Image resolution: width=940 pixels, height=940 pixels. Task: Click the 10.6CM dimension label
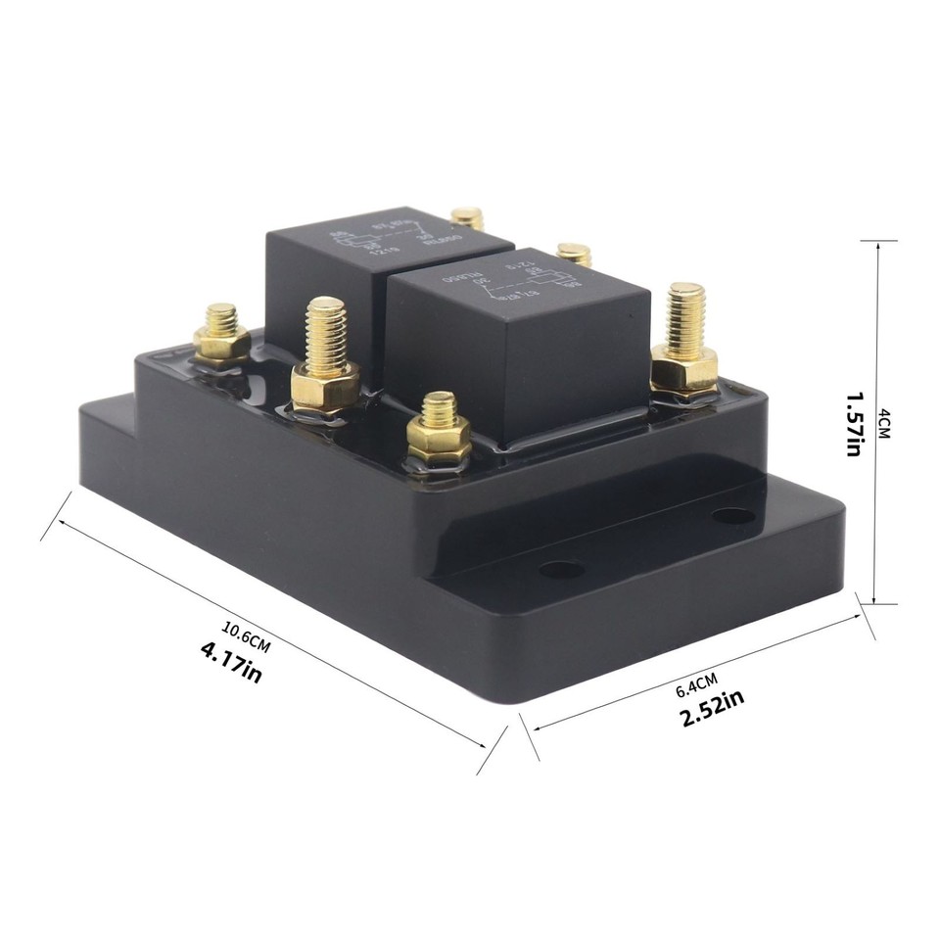[x=245, y=637]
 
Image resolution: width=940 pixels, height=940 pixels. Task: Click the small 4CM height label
[x=885, y=424]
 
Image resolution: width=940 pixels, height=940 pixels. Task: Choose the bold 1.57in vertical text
[x=852, y=424]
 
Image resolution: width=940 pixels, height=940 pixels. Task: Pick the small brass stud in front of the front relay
[x=439, y=429]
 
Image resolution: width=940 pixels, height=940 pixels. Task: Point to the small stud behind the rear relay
[x=468, y=217]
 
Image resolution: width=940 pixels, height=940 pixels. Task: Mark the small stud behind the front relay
[x=574, y=254]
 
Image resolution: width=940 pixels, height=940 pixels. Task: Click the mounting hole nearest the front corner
[x=561, y=569]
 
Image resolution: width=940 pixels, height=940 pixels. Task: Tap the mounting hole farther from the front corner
[x=733, y=515]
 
